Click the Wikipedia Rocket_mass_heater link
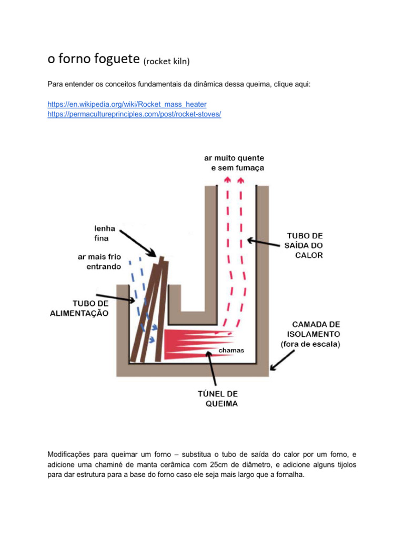[127, 104]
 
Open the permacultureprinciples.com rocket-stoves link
[134, 114]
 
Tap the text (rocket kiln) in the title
[166, 62]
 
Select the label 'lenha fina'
[102, 234]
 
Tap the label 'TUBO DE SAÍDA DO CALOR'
[305, 246]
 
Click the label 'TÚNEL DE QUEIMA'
[217, 399]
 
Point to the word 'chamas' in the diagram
[231, 350]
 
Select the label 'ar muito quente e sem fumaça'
[235, 163]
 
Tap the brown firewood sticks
[149, 311]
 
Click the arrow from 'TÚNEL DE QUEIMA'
[213, 371]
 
